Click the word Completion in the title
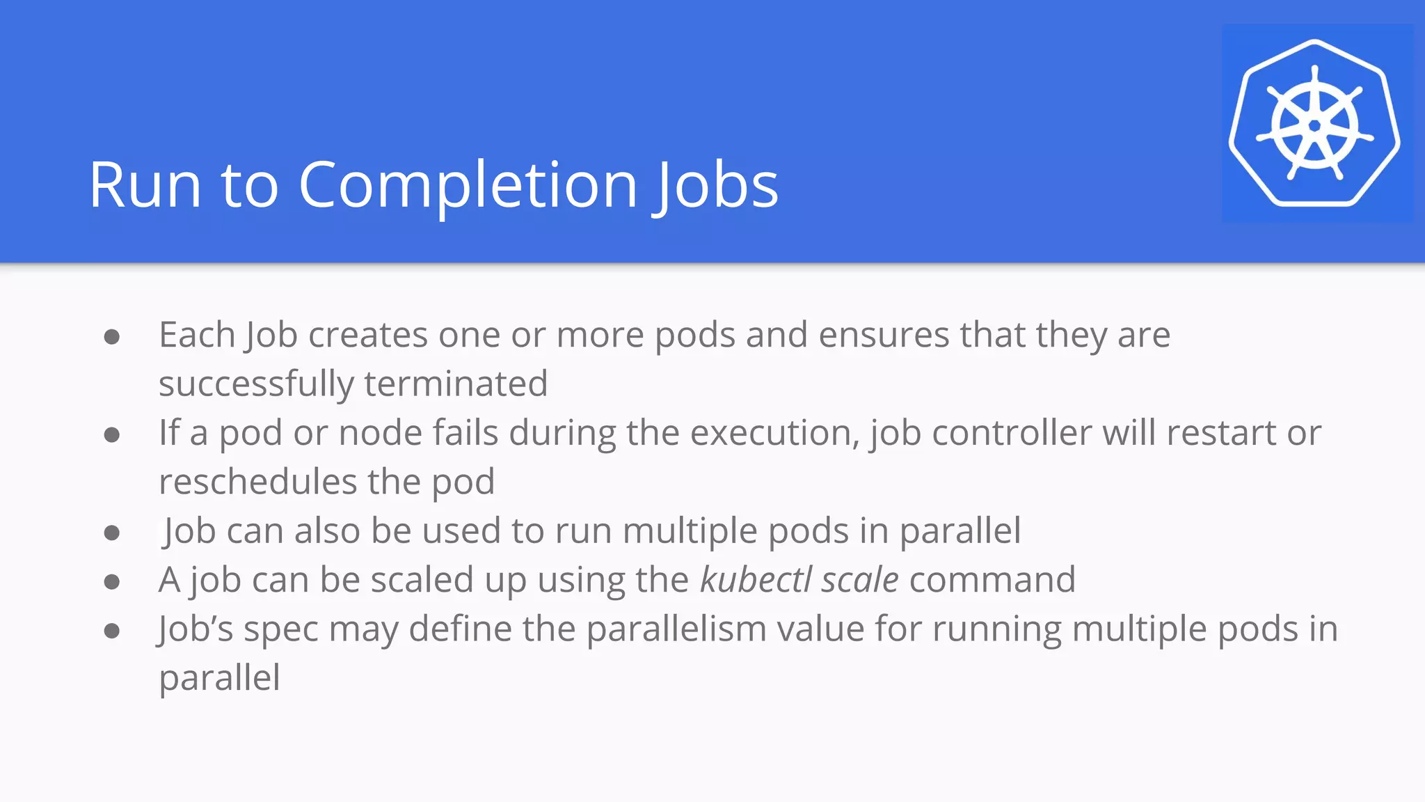pos(468,185)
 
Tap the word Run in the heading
pos(145,185)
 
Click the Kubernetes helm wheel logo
pos(1314,124)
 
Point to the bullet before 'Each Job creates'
pos(111,338)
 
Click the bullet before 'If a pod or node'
pos(111,436)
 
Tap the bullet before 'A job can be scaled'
pos(111,582)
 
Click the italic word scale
pos(859,579)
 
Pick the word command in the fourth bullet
pos(992,579)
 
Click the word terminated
pos(456,384)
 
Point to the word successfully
pos(256,385)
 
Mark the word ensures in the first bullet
pos(884,336)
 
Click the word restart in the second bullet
pos(1221,433)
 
